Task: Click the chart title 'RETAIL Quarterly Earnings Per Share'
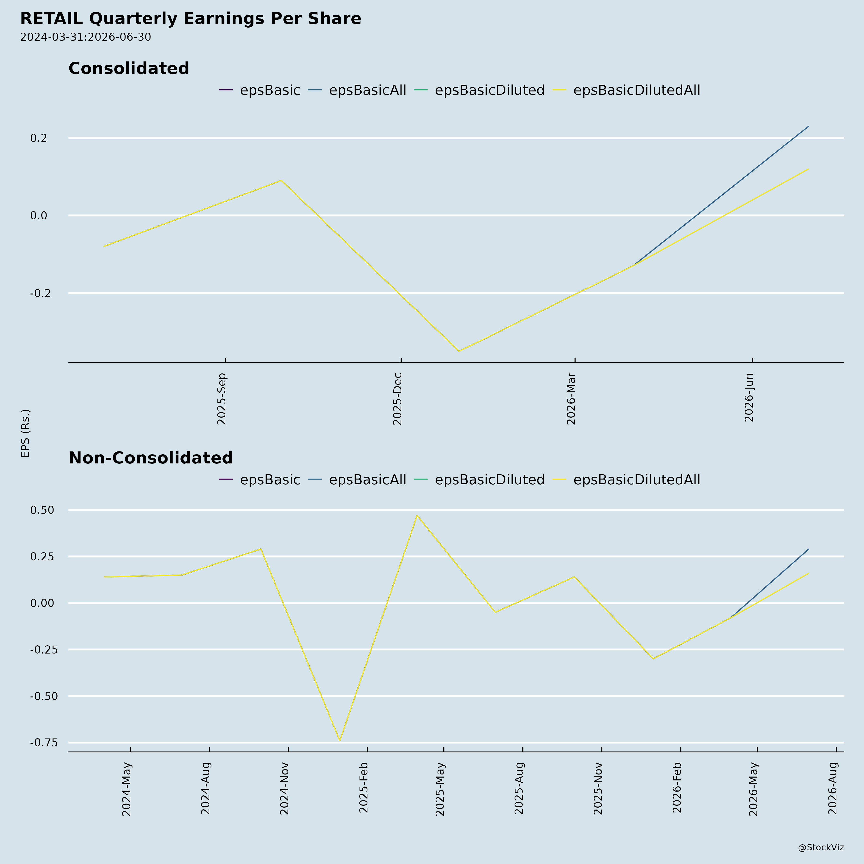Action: click(191, 19)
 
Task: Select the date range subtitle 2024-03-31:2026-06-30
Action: click(85, 37)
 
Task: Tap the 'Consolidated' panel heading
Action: click(129, 68)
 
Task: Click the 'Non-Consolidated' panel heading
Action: click(151, 458)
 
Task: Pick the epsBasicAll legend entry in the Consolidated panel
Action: click(357, 90)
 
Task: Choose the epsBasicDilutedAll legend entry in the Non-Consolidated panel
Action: click(627, 480)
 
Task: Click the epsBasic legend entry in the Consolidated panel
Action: click(259, 90)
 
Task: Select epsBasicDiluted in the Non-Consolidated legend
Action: click(480, 480)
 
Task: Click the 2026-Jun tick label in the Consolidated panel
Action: click(749, 397)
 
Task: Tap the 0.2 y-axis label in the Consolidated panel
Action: click(38, 138)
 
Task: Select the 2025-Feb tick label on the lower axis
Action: click(364, 787)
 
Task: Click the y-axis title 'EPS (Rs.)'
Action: click(25, 433)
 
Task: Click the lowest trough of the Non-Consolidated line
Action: click(340, 741)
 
